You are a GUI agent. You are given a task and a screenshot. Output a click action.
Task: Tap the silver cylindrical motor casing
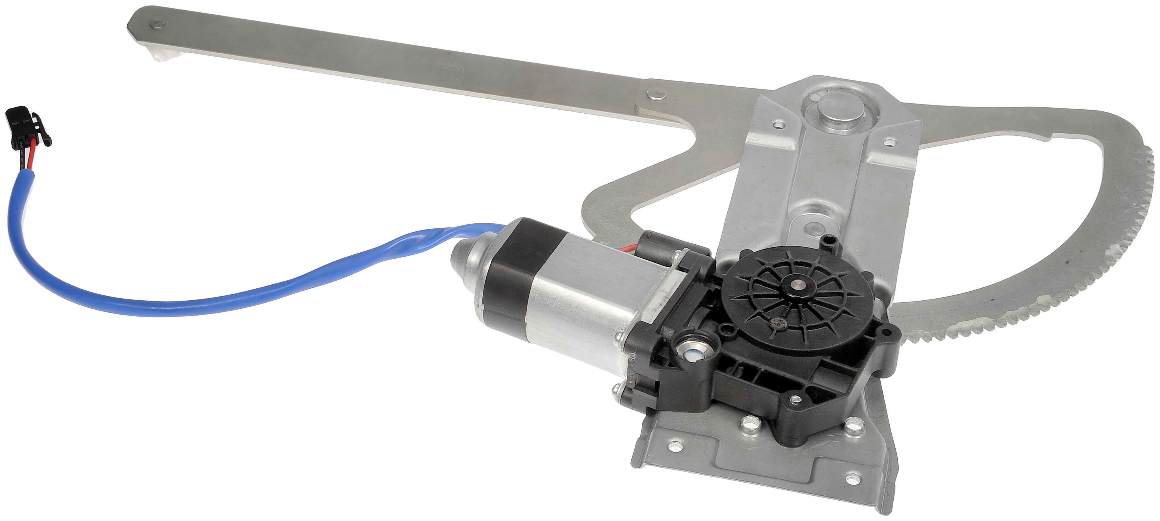(581, 315)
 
